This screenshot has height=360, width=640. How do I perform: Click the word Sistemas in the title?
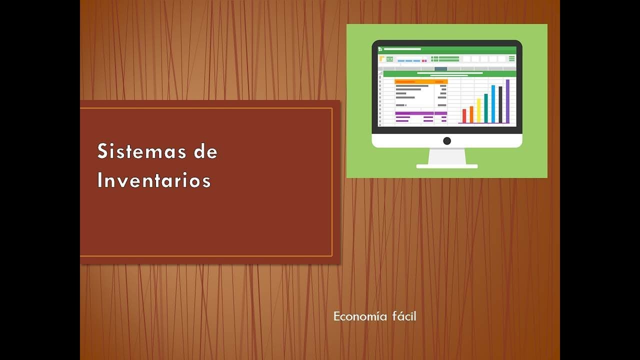[141, 151]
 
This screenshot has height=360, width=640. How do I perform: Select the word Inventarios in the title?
[154, 180]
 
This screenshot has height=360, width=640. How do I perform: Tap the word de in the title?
[205, 151]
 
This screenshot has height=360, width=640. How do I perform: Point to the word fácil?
[404, 316]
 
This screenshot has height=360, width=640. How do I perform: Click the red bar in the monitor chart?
[464, 116]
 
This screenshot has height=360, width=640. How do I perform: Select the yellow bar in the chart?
[479, 111]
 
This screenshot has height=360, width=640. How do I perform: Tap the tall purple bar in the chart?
[507, 101]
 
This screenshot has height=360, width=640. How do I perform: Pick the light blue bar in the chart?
[493, 104]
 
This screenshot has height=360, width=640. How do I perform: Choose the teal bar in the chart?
[486, 108]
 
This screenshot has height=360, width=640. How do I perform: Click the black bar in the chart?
[500, 105]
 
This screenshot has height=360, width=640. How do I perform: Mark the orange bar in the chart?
[471, 114]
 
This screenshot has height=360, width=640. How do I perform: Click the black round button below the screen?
[447, 141]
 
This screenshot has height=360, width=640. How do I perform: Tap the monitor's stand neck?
[447, 156]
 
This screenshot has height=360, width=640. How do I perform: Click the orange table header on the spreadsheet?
[421, 81]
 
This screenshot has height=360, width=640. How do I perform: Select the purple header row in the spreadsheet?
[421, 113]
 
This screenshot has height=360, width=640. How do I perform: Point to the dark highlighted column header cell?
[440, 69]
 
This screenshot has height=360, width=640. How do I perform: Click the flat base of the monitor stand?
[447, 166]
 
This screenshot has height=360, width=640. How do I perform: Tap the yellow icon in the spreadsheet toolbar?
[381, 58]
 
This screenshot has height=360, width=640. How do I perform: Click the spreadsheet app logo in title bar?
[380, 49]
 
